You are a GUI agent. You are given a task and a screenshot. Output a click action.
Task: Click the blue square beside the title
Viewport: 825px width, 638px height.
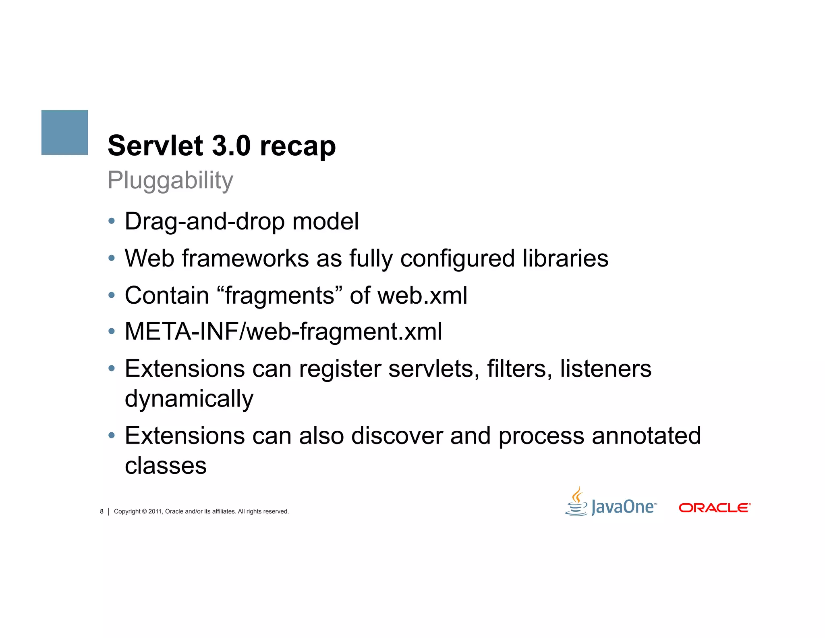[64, 132]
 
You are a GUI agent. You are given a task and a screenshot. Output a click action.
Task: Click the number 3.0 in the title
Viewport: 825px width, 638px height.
[231, 146]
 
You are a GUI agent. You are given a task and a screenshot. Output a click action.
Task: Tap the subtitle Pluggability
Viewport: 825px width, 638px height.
[170, 180]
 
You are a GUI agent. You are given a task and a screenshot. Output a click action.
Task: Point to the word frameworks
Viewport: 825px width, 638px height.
[245, 258]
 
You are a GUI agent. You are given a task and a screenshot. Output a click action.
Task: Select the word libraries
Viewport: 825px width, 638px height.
[565, 258]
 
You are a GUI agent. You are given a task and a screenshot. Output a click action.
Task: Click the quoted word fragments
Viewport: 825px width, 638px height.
[280, 295]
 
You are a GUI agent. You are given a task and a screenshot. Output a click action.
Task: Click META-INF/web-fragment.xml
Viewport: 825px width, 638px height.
[283, 332]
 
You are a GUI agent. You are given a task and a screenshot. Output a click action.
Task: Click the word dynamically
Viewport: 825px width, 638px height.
[189, 399]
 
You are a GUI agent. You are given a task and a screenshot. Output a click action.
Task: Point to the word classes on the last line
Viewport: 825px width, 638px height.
[166, 466]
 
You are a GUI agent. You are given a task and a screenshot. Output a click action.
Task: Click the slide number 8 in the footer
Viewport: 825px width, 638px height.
[102, 511]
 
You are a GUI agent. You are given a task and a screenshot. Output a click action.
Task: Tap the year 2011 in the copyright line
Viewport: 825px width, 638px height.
[155, 511]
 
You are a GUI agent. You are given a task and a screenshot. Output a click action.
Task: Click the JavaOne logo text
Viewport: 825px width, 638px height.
[624, 507]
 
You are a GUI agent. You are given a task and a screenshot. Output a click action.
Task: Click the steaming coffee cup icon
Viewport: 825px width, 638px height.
[576, 502]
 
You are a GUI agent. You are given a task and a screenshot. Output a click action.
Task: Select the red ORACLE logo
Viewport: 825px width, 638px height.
[714, 508]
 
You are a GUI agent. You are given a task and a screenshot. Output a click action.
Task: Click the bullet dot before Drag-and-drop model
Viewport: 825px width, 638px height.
[112, 221]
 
